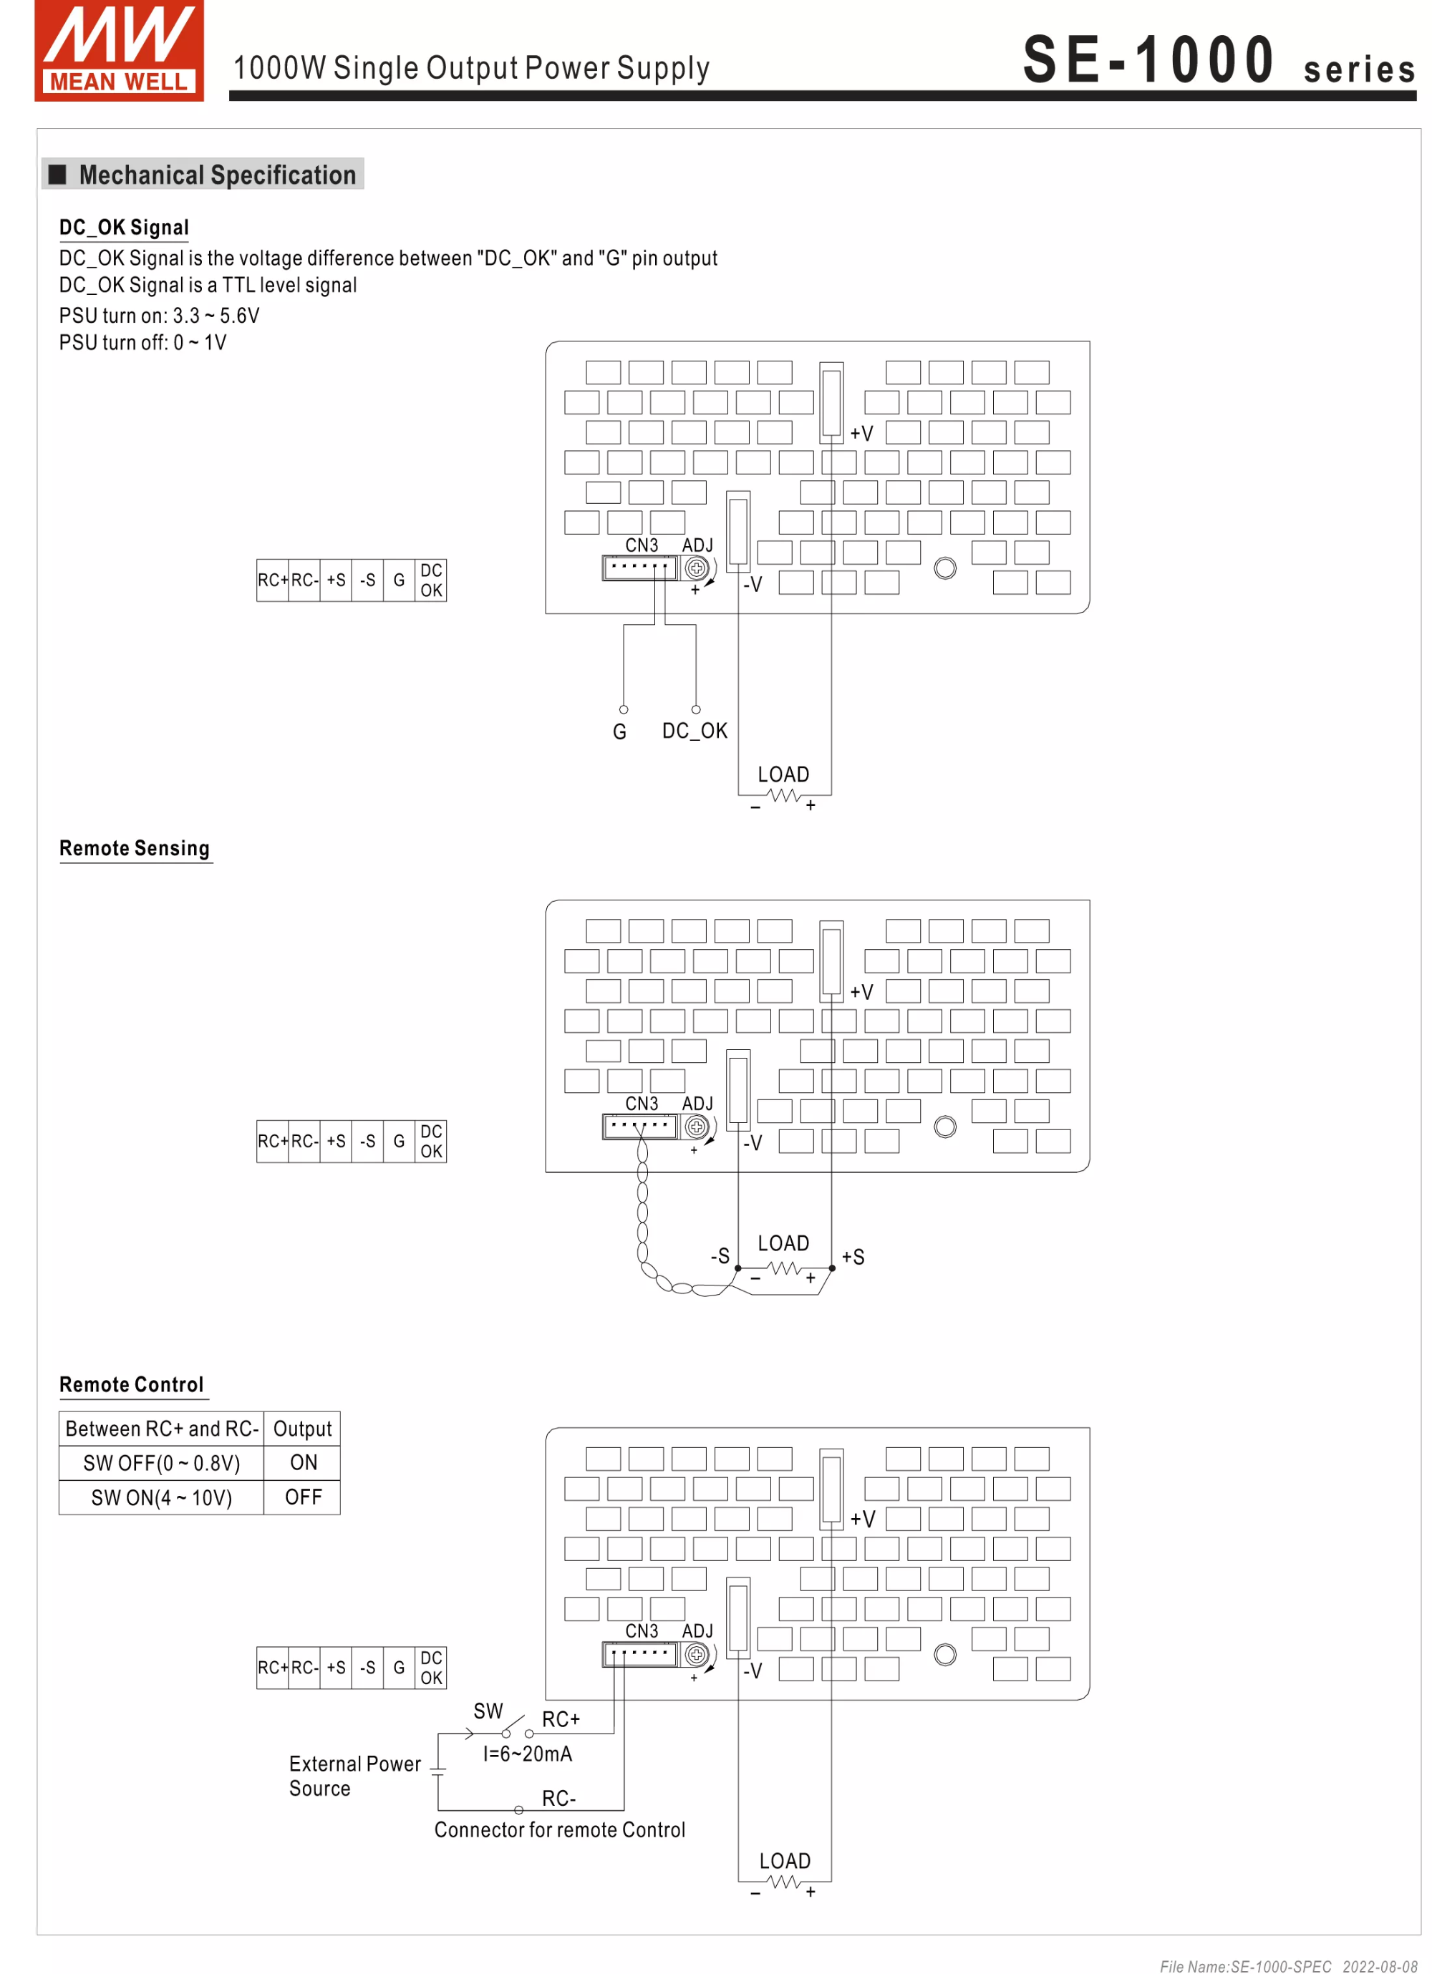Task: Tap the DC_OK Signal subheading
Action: click(x=124, y=228)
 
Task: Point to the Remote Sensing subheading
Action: click(x=134, y=849)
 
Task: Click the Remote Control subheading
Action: click(x=132, y=1385)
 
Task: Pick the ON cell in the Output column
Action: click(x=303, y=1463)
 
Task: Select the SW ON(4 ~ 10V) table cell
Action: click(x=161, y=1498)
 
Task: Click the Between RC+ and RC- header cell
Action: click(x=161, y=1429)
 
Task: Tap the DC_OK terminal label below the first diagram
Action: click(x=694, y=731)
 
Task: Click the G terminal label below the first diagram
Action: click(x=619, y=732)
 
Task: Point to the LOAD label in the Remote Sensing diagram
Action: click(x=783, y=1244)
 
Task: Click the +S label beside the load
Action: click(x=852, y=1257)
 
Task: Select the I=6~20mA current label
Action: click(x=528, y=1754)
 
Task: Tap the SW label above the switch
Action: click(x=488, y=1711)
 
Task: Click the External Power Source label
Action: click(x=354, y=1776)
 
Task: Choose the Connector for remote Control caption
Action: click(x=559, y=1829)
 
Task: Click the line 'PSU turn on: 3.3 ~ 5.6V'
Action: click(x=159, y=316)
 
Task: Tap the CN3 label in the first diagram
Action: click(x=642, y=545)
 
